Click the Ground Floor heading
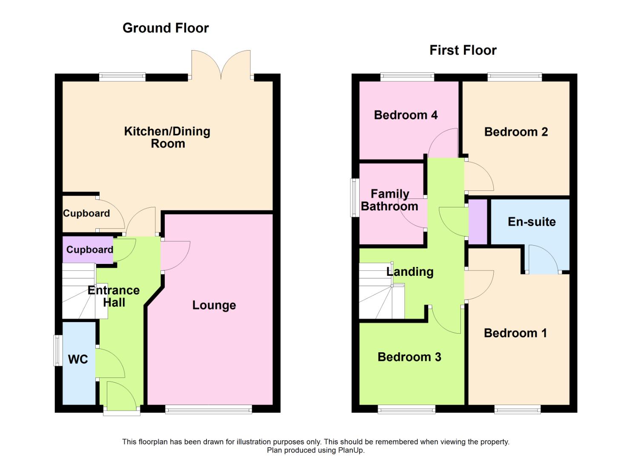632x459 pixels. [x=166, y=28]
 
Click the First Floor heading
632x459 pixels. [x=463, y=50]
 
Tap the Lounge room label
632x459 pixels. [x=214, y=305]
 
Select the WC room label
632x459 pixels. [x=78, y=360]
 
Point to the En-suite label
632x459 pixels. [x=532, y=222]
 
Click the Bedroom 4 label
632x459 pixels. [x=406, y=115]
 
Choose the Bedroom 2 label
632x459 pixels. [x=516, y=132]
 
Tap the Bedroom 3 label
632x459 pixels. [x=409, y=357]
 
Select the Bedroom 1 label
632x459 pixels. [x=515, y=333]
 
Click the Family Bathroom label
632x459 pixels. [x=389, y=200]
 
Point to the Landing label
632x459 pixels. [x=410, y=272]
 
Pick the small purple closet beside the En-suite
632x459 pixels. [x=478, y=221]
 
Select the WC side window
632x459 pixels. [x=57, y=350]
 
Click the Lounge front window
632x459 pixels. [x=209, y=410]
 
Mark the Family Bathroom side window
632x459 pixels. [x=354, y=198]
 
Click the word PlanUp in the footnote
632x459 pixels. [x=351, y=450]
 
